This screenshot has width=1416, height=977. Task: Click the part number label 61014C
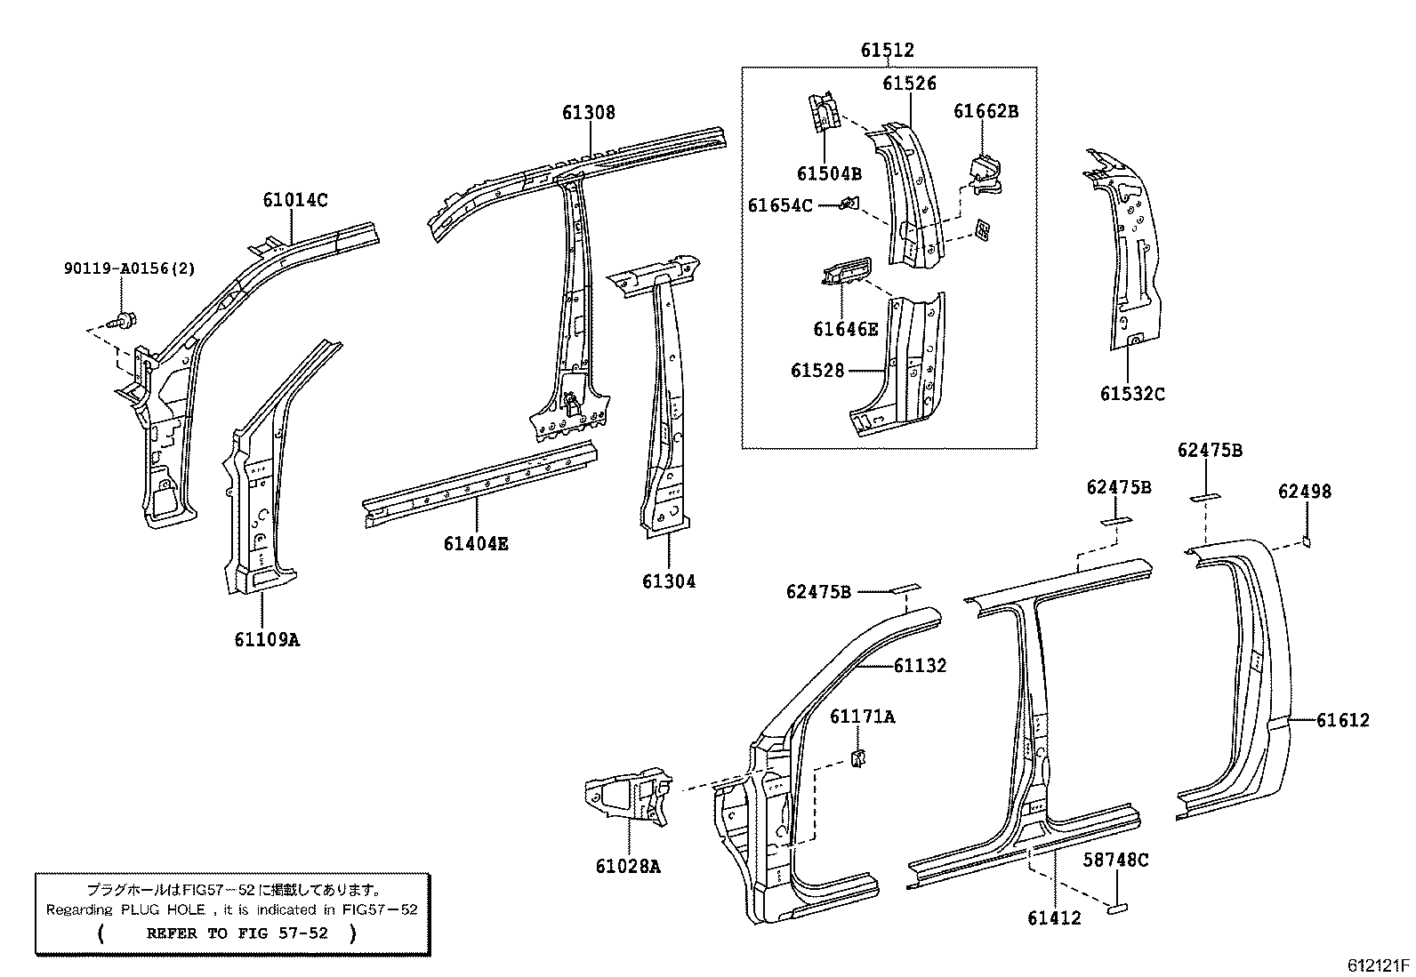pos(294,200)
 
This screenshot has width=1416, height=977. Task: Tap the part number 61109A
pos(267,638)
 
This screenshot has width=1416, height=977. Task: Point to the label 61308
pos(588,113)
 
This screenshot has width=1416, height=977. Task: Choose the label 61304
pos(669,581)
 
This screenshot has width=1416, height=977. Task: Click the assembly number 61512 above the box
pos(887,51)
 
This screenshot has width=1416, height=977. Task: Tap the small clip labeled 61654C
pos(849,204)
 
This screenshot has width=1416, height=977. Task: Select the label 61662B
pos(986,111)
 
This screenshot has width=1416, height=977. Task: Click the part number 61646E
pos(845,329)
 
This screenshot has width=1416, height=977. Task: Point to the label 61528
pos(817,370)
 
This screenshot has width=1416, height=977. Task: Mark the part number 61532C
pos(1132,393)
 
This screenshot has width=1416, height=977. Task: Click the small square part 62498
pos(1306,539)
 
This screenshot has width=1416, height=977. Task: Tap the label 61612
pos(1343,720)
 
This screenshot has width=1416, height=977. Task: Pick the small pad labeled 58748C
pos(1116,907)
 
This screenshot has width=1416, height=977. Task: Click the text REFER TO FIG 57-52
pos(237,933)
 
